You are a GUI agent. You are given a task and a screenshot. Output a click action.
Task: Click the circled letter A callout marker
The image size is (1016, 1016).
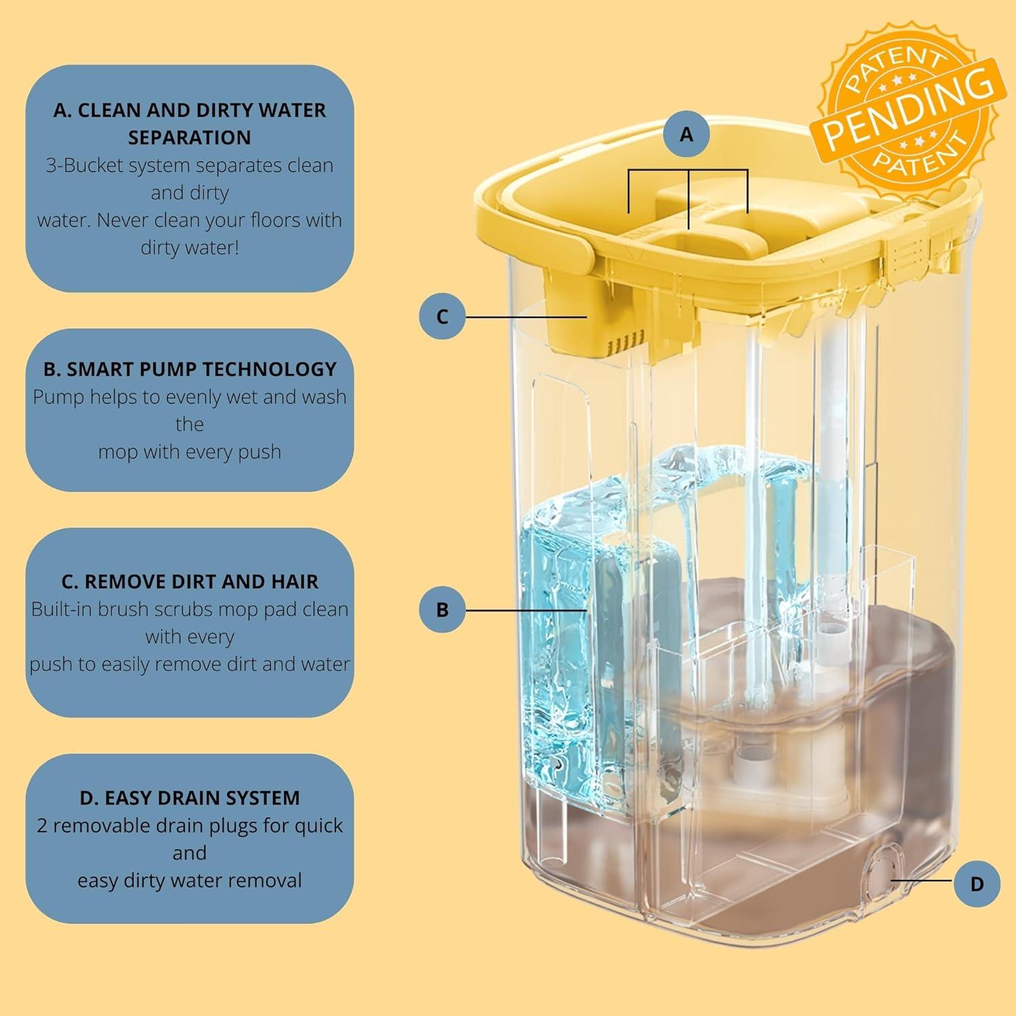tap(686, 134)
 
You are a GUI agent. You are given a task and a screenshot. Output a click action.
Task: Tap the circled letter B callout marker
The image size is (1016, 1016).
tap(442, 610)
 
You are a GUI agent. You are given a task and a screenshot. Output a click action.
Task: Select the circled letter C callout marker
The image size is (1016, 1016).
tap(442, 316)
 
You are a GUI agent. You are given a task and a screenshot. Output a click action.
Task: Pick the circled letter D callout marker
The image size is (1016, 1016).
tap(976, 883)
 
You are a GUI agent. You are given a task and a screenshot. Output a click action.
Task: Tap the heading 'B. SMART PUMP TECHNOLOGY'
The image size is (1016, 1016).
tap(190, 369)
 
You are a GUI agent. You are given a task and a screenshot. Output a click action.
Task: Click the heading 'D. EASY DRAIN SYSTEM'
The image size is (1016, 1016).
tap(190, 798)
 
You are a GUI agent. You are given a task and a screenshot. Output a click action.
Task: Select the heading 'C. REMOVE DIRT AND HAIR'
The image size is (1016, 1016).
tap(190, 582)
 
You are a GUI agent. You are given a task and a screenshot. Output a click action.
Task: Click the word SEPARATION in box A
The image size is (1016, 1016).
tap(190, 137)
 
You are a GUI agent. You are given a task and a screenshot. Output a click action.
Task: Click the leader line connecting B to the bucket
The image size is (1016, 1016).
tap(526, 610)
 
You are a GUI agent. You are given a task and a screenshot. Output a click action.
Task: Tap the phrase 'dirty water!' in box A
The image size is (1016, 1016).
tap(190, 248)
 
